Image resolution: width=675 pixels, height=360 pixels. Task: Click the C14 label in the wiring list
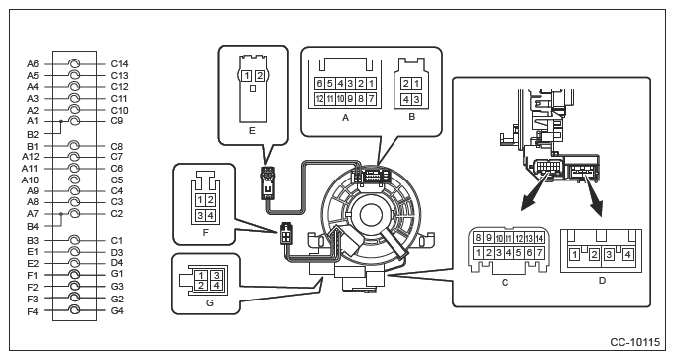tap(119, 64)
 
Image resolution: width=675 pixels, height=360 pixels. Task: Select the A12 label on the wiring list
tap(30, 157)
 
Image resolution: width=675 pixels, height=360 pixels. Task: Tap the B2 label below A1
tap(33, 134)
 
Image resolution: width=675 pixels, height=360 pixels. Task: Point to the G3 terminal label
tap(117, 286)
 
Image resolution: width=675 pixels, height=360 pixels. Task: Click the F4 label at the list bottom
tap(33, 311)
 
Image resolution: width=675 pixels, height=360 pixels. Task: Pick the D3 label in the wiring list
tap(117, 252)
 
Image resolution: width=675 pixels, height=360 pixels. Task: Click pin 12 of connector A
tap(319, 99)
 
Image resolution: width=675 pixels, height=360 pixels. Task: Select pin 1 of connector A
tap(371, 83)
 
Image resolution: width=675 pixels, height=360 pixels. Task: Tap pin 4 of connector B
tap(406, 99)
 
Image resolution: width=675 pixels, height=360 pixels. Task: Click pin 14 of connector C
tap(539, 238)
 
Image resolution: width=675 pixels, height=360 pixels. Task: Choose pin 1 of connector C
tap(478, 252)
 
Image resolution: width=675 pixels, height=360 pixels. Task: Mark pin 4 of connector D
tap(627, 255)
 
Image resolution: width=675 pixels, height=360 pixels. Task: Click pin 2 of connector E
tap(259, 76)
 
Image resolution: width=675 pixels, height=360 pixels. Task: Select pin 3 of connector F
tap(200, 215)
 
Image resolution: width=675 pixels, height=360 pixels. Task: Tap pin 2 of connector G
tap(201, 285)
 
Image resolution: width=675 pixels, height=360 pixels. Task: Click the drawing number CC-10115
tap(634, 342)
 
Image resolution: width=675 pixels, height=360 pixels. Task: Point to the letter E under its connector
tap(252, 130)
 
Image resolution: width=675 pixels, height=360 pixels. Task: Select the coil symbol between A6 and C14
tap(74, 64)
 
